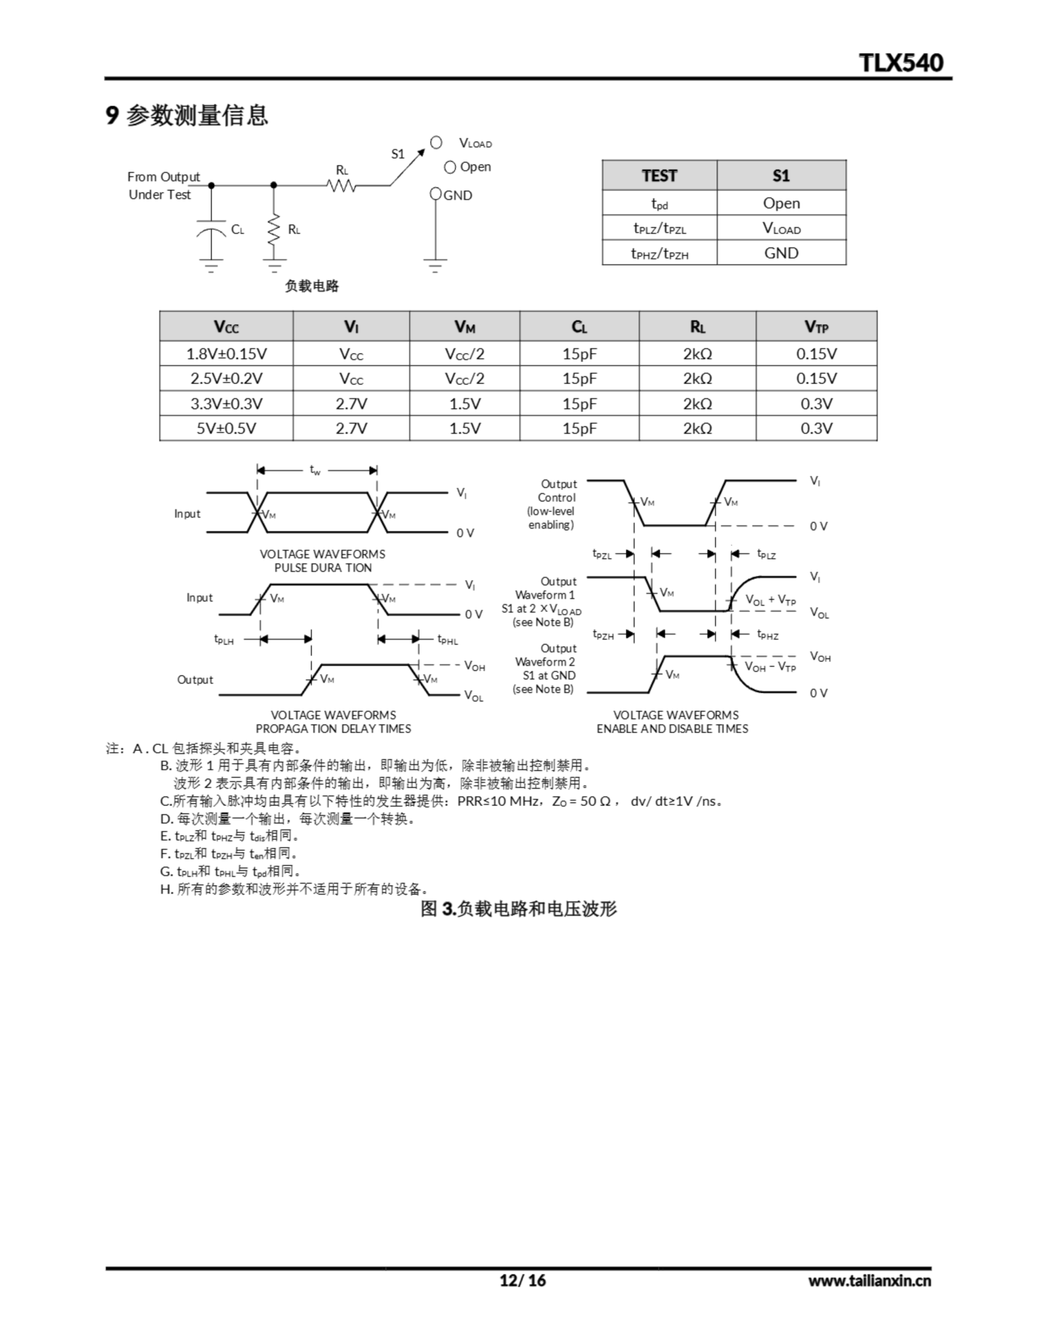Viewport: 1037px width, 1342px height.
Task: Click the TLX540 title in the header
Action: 901,63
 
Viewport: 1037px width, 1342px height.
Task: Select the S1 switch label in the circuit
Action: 398,154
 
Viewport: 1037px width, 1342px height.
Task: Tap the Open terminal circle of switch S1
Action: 450,167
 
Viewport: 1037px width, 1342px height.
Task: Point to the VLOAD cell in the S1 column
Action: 781,228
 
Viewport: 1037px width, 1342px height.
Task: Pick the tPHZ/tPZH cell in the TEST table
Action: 660,253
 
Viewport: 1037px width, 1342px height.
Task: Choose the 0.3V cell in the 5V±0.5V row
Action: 816,428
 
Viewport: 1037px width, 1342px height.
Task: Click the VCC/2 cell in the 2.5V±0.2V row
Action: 465,378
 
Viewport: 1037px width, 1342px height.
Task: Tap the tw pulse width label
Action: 315,470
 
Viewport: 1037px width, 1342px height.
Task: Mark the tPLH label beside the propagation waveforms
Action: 224,640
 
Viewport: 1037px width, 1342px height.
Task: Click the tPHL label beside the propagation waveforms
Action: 448,640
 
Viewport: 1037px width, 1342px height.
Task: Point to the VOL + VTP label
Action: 770,600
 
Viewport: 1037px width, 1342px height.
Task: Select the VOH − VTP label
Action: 770,667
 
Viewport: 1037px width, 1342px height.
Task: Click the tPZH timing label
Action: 603,635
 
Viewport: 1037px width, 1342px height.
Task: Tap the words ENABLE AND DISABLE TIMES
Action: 672,729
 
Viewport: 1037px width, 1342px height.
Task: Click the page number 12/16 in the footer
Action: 523,1281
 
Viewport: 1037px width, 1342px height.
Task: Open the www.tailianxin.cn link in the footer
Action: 869,1281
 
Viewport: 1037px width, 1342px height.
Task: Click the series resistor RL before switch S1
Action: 341,185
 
